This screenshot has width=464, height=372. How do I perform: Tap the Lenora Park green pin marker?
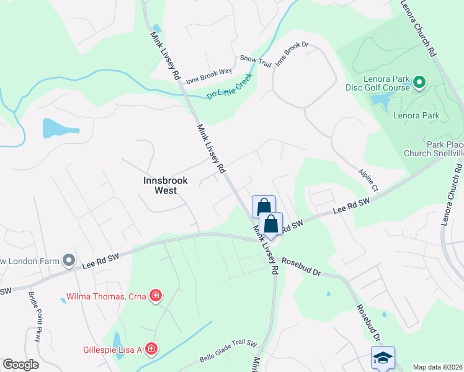(419, 82)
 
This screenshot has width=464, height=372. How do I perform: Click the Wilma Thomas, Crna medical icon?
(155, 296)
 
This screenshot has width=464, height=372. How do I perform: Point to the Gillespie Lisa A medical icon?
(151, 350)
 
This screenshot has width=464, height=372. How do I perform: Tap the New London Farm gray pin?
(69, 260)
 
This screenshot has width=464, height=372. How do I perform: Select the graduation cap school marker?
(383, 358)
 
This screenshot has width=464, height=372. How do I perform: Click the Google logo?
(20, 365)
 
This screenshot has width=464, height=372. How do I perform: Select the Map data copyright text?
(437, 367)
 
